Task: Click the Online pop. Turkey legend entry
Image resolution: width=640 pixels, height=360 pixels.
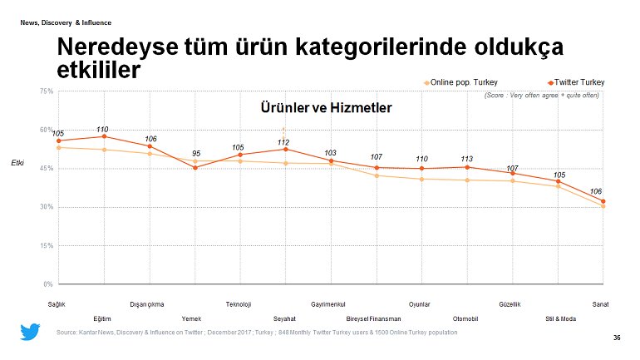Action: point(462,82)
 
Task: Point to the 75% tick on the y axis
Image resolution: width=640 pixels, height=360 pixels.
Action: point(47,91)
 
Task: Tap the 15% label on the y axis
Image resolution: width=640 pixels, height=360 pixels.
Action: point(47,246)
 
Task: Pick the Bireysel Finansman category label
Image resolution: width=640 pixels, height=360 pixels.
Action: point(373,318)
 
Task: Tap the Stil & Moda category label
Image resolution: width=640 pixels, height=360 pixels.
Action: point(555,318)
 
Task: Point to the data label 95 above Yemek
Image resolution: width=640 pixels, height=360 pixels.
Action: point(195,153)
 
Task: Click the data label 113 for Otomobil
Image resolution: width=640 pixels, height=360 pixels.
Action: point(466,158)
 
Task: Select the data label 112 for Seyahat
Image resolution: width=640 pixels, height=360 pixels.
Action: point(283,142)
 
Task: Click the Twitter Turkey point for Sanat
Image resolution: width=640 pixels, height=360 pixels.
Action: point(603,201)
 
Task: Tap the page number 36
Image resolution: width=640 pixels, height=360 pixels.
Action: point(616,338)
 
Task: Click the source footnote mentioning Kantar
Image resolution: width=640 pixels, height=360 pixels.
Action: point(256,333)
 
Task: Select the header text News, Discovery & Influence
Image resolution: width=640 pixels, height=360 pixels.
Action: point(66,22)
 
